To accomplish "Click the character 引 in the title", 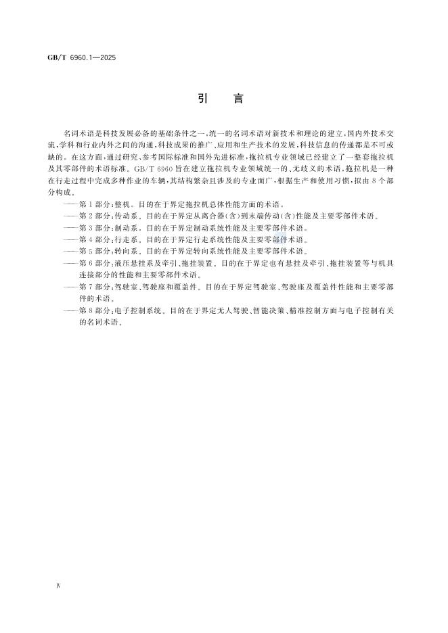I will [202, 98].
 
